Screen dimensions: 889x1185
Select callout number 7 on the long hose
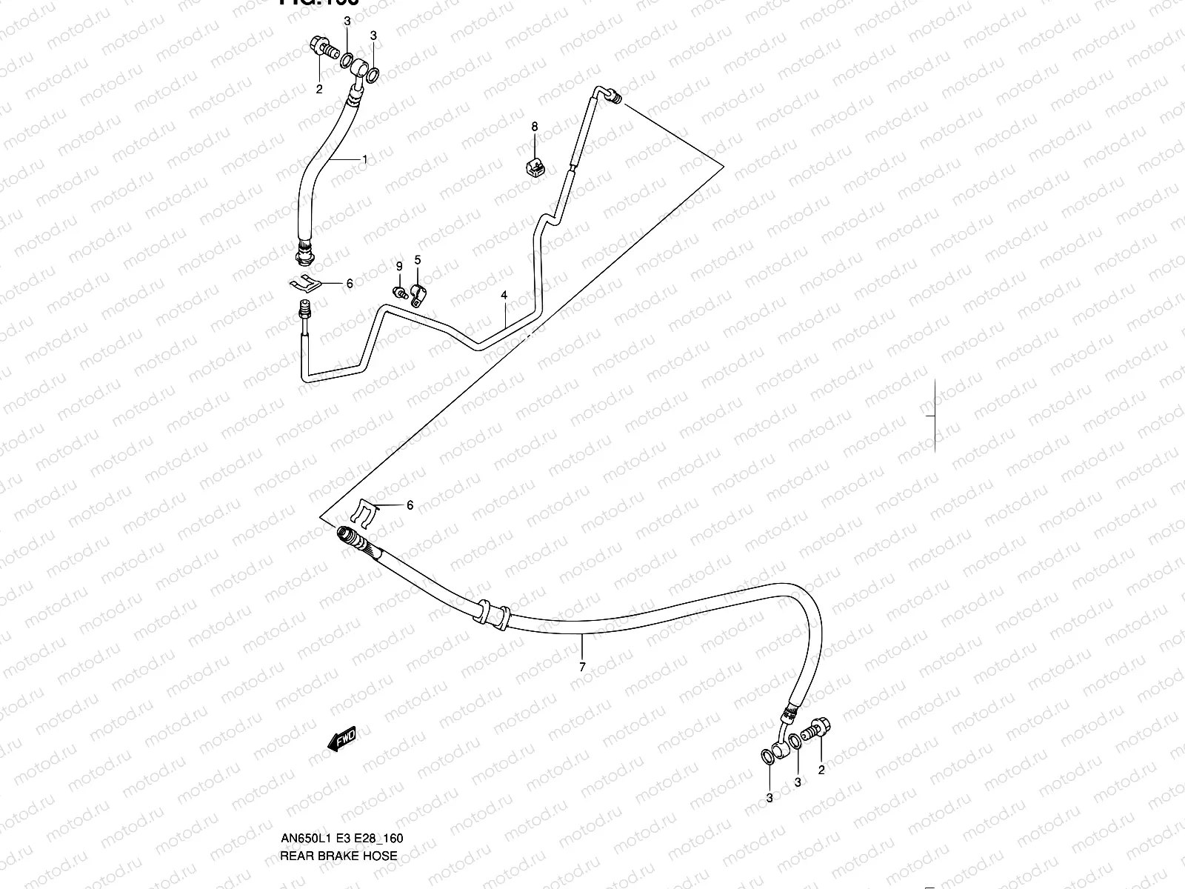pyautogui.click(x=582, y=667)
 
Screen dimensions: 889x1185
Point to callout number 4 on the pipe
pyautogui.click(x=504, y=295)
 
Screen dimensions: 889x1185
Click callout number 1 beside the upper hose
pyautogui.click(x=364, y=159)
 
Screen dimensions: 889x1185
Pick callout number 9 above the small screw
pyautogui.click(x=399, y=266)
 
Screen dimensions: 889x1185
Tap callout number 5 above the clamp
pyautogui.click(x=418, y=259)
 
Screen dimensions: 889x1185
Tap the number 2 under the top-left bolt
pyautogui.click(x=320, y=90)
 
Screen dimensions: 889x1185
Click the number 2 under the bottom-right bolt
pyautogui.click(x=821, y=770)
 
